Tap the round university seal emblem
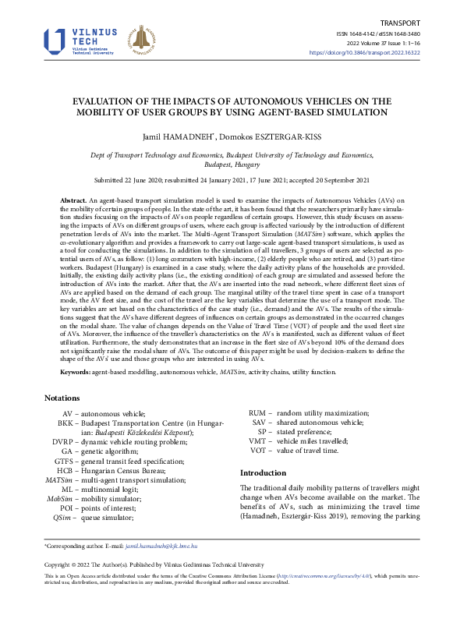tap(141, 41)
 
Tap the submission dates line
tap(226, 181)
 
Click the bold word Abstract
tap(73, 201)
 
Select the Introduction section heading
tap(263, 472)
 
